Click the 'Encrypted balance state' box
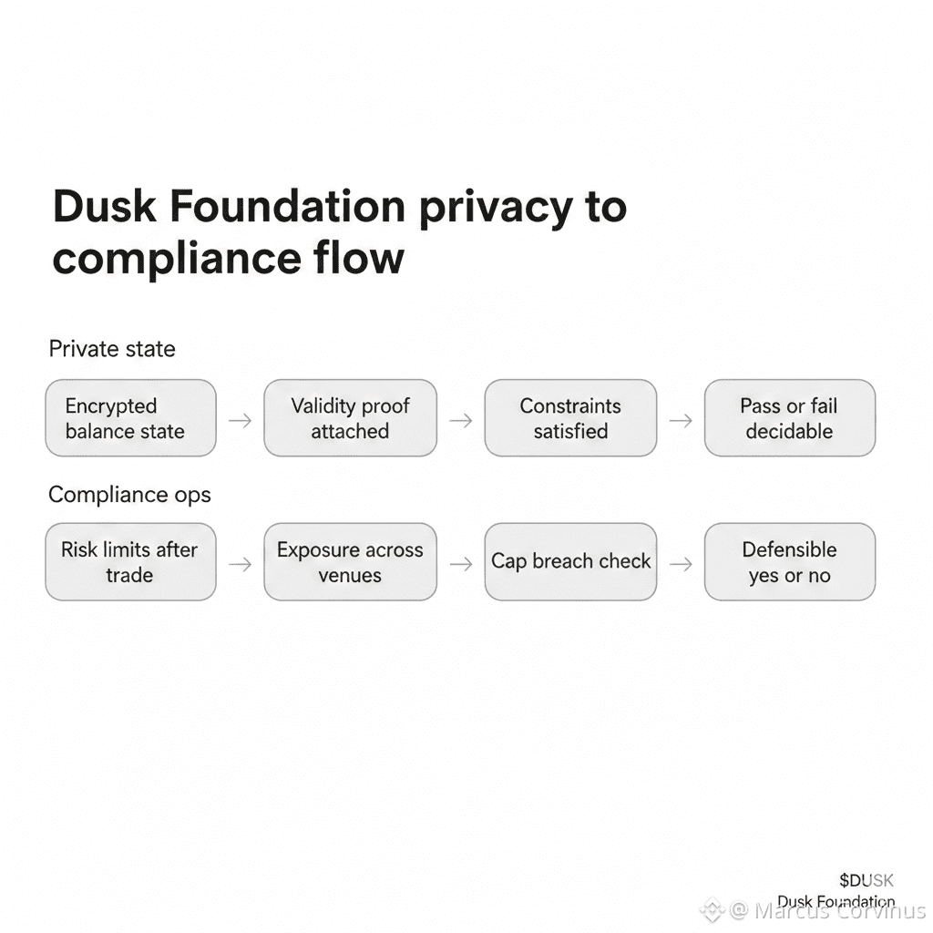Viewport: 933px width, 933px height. [131, 418]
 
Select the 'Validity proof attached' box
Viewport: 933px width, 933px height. [351, 418]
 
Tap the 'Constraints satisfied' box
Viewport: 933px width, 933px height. [570, 418]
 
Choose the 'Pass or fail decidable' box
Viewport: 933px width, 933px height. [790, 418]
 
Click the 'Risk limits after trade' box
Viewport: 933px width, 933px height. [131, 561]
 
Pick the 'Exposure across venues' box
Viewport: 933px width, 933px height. [351, 561]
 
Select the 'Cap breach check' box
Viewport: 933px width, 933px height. [570, 561]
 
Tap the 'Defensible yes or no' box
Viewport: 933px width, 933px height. [790, 561]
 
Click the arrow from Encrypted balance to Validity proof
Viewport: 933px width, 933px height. [241, 421]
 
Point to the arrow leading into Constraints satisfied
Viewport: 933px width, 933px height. [460, 421]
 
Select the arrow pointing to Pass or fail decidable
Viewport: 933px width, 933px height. [681, 421]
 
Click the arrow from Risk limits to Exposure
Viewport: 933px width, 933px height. [241, 563]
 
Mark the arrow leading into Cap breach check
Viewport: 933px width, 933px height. [460, 563]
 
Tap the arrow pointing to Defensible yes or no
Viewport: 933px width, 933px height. [681, 563]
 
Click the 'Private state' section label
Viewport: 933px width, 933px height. [112, 349]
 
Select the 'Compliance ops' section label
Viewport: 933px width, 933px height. [129, 495]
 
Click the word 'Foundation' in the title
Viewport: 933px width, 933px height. [287, 206]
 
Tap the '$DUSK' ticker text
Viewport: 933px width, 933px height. [866, 880]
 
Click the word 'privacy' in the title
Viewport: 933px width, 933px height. [496, 209]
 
